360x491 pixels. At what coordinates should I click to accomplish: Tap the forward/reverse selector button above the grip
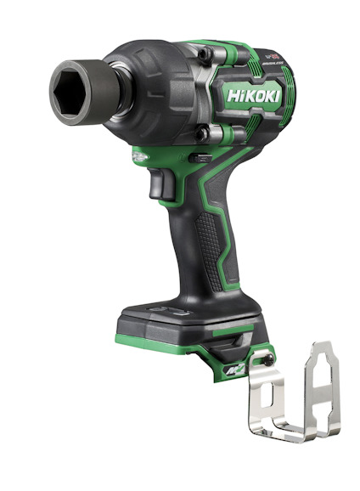pyautogui.click(x=198, y=157)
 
